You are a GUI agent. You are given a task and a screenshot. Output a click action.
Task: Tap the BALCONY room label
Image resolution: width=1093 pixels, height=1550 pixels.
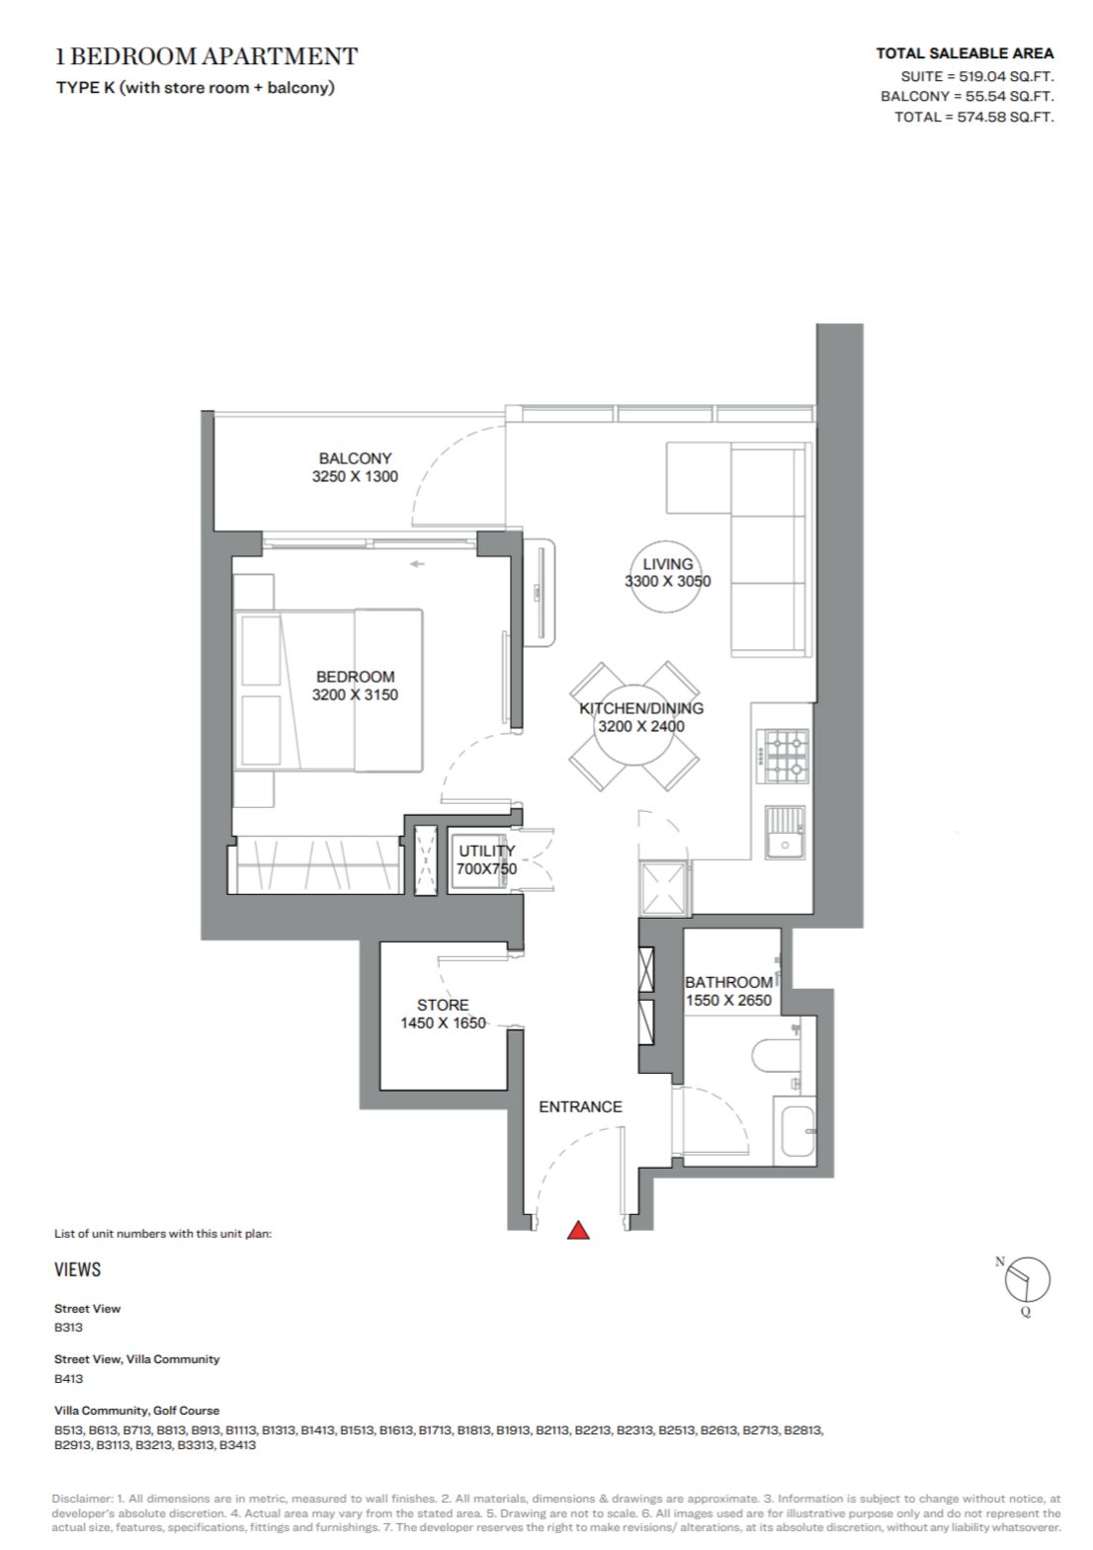pyautogui.click(x=355, y=458)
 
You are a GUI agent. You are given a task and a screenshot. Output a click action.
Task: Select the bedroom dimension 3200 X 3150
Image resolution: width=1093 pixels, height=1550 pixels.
pyautogui.click(x=355, y=694)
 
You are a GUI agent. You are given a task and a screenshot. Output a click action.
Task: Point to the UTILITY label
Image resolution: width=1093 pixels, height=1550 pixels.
pyautogui.click(x=486, y=851)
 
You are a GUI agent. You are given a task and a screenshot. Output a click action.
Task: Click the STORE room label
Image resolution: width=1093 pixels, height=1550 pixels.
pyautogui.click(x=443, y=1005)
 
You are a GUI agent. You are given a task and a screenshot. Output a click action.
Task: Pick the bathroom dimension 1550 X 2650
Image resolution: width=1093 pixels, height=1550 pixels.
pyautogui.click(x=728, y=1001)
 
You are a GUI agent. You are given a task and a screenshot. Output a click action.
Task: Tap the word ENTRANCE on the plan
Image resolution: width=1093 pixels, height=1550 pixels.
pyautogui.click(x=580, y=1106)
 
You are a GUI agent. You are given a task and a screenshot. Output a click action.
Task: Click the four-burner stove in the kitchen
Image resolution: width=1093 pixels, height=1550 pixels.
pyautogui.click(x=783, y=756)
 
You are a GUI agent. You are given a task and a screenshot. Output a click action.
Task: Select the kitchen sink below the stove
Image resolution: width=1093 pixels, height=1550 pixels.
pyautogui.click(x=785, y=833)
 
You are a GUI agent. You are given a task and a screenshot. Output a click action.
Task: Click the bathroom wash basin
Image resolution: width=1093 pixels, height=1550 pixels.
pyautogui.click(x=797, y=1131)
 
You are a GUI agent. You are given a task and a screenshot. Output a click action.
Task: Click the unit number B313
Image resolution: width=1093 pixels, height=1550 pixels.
pyautogui.click(x=68, y=1327)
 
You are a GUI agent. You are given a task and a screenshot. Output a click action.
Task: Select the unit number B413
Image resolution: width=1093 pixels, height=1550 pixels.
pyautogui.click(x=68, y=1378)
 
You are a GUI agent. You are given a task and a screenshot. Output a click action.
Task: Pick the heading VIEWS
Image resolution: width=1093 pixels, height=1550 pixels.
pyautogui.click(x=77, y=1269)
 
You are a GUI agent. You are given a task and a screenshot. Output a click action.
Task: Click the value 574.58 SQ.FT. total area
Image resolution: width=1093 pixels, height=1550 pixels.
pyautogui.click(x=1006, y=117)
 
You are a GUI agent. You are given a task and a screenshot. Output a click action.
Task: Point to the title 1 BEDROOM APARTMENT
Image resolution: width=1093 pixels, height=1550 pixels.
pyautogui.click(x=207, y=56)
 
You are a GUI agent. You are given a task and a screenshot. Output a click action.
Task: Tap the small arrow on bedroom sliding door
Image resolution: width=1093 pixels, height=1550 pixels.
pyautogui.click(x=417, y=564)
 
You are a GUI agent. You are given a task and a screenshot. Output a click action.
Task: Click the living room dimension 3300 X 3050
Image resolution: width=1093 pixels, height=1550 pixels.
pyautogui.click(x=667, y=581)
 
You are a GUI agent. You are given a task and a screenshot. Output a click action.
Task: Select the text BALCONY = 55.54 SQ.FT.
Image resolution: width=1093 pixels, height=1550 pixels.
pyautogui.click(x=967, y=96)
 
